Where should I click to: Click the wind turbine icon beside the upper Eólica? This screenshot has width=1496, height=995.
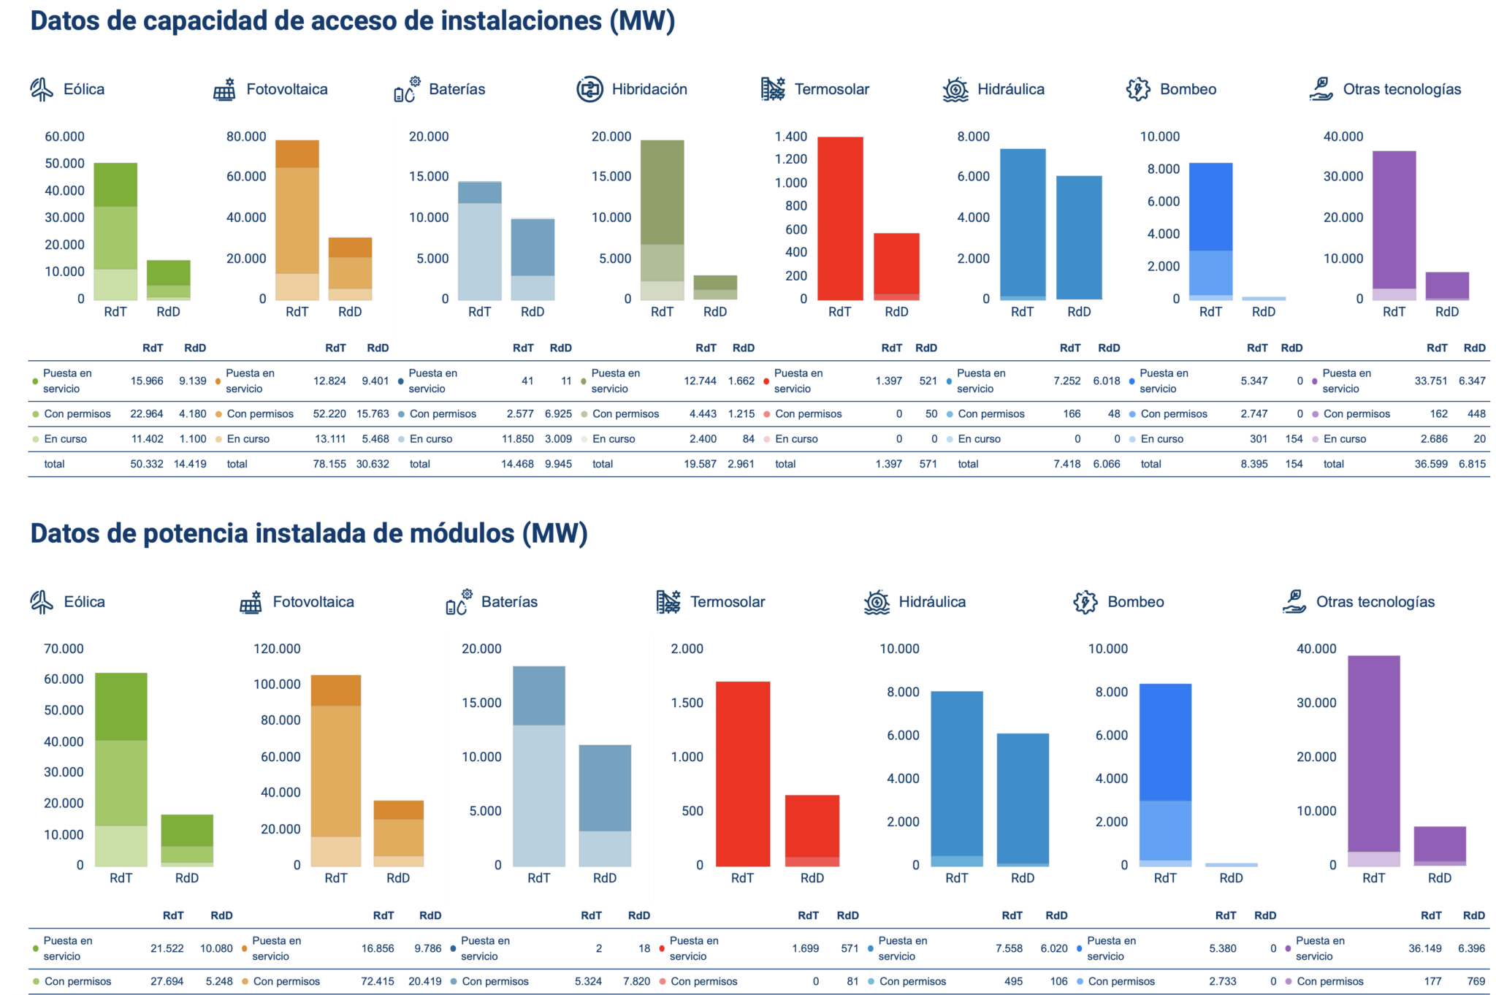(42, 89)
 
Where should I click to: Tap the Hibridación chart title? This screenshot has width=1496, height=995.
(649, 89)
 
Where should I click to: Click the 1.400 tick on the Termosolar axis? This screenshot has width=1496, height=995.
(791, 137)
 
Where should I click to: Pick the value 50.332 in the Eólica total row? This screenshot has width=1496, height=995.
(147, 464)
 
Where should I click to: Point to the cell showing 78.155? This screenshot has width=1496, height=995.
(329, 464)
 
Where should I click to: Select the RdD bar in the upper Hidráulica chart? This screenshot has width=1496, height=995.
(1079, 237)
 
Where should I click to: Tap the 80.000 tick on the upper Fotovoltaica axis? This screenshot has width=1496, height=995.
(246, 137)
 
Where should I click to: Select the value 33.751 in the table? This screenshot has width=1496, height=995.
(1430, 381)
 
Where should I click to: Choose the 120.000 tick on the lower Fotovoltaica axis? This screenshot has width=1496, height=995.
(277, 649)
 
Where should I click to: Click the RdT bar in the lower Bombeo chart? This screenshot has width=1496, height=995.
(1165, 774)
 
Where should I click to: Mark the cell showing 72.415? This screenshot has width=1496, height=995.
(378, 981)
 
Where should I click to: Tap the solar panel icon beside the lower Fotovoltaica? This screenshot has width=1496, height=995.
(251, 602)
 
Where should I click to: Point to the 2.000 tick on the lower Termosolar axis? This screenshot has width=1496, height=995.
(687, 649)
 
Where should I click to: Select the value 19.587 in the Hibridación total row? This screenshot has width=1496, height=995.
(700, 464)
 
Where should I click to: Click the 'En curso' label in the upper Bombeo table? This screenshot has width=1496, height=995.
(1161, 439)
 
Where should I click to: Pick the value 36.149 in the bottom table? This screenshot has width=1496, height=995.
(1425, 948)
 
